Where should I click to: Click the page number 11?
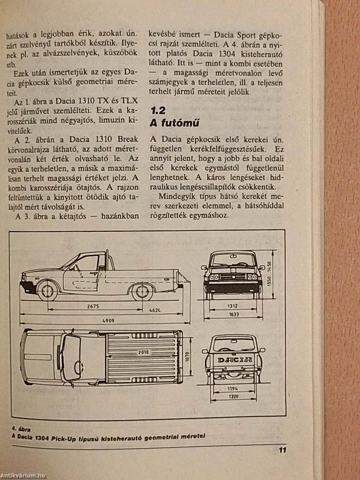pos(282,450)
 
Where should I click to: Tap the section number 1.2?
pos(157,110)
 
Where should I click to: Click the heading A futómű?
pos(174,123)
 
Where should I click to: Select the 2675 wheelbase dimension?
pos(92,306)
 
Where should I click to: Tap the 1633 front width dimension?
pos(233,314)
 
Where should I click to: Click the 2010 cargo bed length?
pos(143,352)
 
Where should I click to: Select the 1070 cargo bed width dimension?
pos(187,356)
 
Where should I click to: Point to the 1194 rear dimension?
pos(233,388)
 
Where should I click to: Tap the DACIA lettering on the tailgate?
pos(235,360)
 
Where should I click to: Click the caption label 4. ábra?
pos(21,429)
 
